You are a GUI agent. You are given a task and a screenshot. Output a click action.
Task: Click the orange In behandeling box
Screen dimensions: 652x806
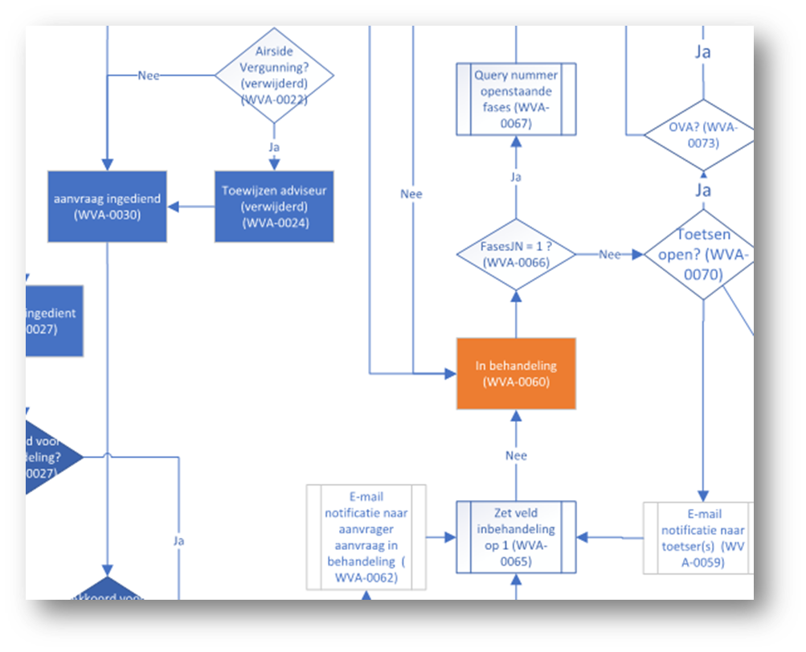click(516, 374)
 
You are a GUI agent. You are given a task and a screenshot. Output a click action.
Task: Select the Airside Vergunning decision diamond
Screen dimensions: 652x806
click(274, 76)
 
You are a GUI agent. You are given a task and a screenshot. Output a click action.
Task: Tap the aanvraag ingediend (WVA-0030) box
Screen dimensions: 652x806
click(107, 207)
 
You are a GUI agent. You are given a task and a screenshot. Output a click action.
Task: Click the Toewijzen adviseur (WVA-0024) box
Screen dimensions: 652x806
click(274, 207)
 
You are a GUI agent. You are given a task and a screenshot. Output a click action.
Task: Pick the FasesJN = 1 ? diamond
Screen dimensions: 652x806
click(516, 255)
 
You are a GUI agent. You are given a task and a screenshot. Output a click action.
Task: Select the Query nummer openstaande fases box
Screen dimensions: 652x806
click(516, 99)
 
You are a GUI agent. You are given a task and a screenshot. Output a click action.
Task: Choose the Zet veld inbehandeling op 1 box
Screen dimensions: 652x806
click(516, 537)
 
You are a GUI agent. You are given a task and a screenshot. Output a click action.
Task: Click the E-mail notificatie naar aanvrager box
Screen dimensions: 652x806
click(366, 537)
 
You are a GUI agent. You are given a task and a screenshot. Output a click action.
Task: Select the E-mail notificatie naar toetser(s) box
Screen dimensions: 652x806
click(698, 538)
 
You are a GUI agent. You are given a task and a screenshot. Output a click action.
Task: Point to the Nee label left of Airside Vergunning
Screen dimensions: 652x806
click(149, 76)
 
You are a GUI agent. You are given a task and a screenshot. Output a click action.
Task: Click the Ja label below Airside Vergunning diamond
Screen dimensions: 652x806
click(273, 148)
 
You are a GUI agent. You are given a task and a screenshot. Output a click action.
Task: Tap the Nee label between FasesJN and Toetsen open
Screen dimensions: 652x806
click(610, 255)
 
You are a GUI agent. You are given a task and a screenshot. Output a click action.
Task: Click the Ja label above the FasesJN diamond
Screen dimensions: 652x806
click(516, 176)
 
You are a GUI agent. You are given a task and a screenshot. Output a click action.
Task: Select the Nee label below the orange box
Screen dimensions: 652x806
click(516, 456)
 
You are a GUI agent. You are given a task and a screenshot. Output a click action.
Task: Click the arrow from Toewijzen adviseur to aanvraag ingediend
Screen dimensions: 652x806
click(190, 207)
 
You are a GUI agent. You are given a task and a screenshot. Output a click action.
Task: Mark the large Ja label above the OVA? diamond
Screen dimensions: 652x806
click(702, 52)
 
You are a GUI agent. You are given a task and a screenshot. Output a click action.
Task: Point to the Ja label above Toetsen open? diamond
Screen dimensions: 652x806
click(702, 191)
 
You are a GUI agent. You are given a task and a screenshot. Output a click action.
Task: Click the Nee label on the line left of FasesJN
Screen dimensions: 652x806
click(411, 194)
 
